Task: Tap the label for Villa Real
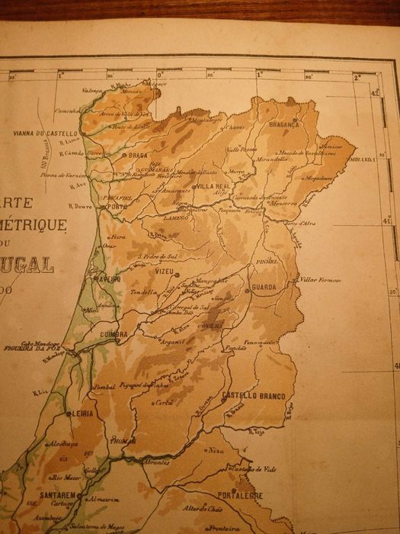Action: (213, 186)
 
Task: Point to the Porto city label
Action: (117, 207)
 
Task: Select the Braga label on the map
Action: (138, 156)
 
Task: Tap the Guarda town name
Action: (264, 288)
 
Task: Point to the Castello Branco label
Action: (253, 397)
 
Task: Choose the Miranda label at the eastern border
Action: (363, 159)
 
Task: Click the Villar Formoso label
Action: (320, 280)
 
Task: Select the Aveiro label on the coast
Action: (107, 280)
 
